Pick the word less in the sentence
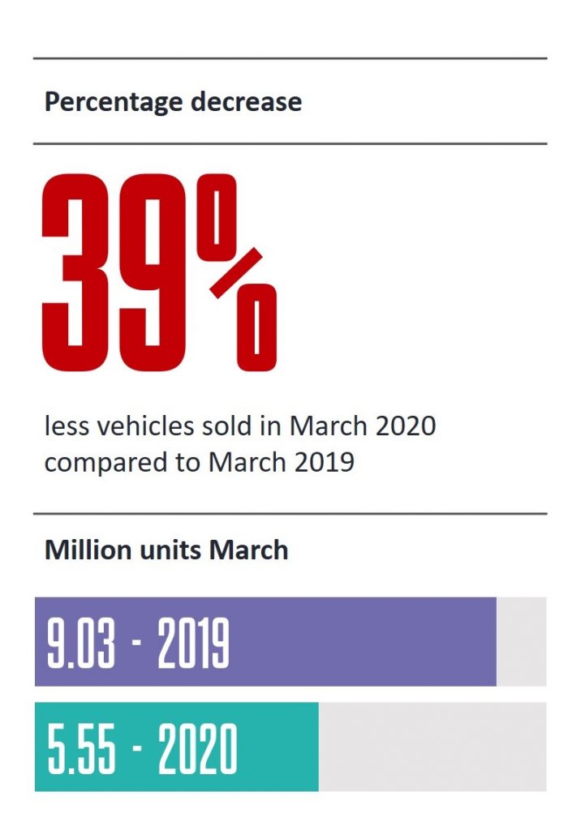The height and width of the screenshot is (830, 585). point(64,425)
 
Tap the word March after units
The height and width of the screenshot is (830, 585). point(248,550)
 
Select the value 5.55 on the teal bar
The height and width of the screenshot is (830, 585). point(81,747)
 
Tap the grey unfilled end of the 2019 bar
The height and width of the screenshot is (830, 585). point(521,642)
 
